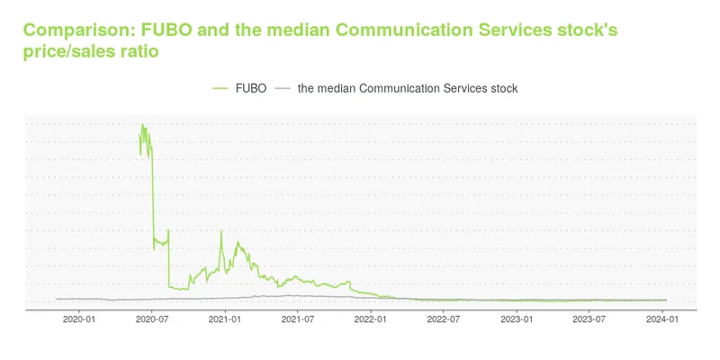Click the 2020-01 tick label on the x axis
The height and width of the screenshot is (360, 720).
coord(79,319)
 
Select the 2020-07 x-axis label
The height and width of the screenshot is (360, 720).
coord(152,319)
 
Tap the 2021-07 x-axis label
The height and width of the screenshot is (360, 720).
coord(297,319)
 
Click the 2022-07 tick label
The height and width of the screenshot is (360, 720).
coord(443,319)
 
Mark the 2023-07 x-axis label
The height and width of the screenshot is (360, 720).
coord(589,319)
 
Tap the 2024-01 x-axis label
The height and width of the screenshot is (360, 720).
coord(662,319)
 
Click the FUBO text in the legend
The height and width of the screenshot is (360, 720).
coord(251,88)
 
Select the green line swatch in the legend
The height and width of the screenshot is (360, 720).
coord(221,88)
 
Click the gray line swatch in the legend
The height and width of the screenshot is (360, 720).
coord(283,88)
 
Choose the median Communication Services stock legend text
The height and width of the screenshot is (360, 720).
coord(407,88)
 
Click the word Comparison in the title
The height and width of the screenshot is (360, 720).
coord(78,31)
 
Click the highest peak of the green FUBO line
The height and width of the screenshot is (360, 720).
coord(141,124)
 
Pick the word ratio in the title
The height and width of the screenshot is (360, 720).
coord(140,52)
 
